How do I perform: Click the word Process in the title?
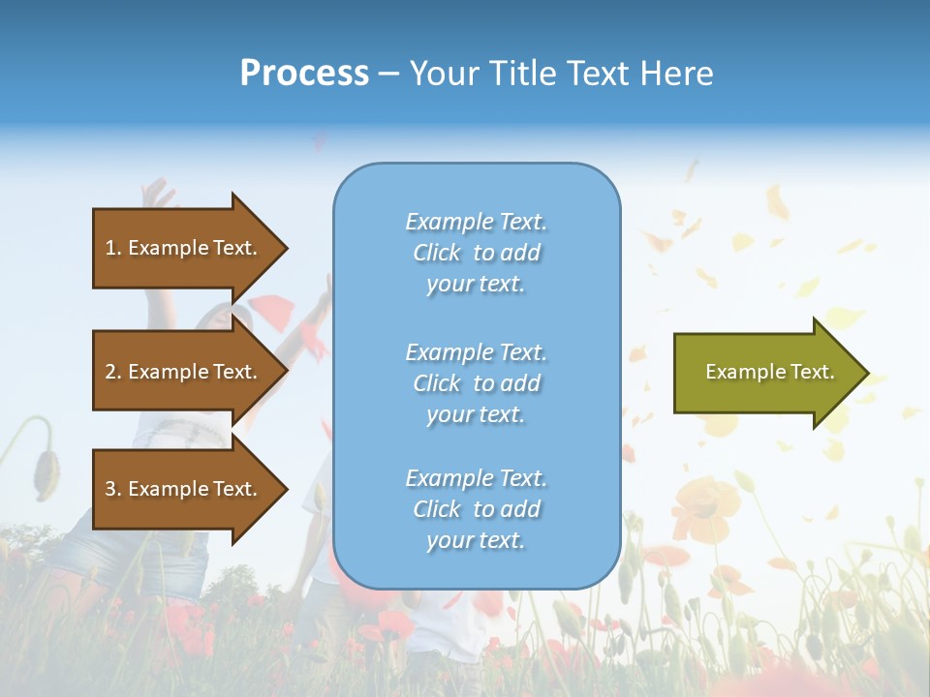click(304, 74)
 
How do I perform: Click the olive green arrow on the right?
click(765, 373)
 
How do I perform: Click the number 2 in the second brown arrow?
click(110, 372)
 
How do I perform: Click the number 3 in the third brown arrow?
click(110, 489)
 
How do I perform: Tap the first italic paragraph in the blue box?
click(476, 253)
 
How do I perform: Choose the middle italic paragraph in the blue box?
click(476, 383)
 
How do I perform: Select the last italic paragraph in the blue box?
click(476, 509)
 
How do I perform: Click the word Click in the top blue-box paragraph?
click(437, 253)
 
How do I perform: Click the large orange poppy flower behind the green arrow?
click(704, 500)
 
